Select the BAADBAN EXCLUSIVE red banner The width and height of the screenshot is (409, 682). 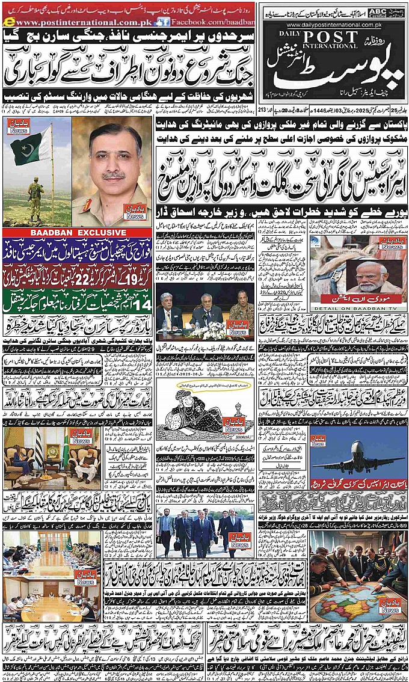[x=76, y=233]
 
